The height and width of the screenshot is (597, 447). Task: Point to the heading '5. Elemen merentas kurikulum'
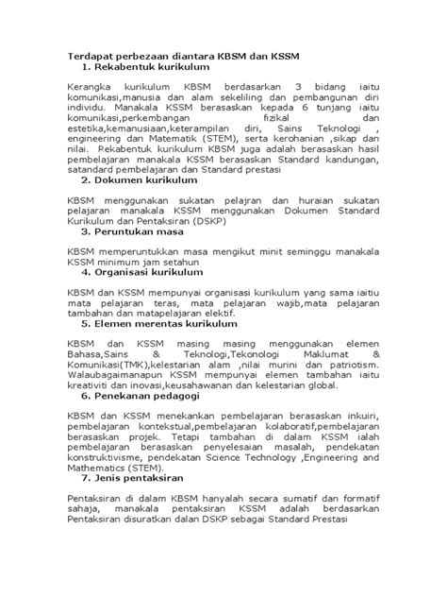pyautogui.click(x=162, y=321)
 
